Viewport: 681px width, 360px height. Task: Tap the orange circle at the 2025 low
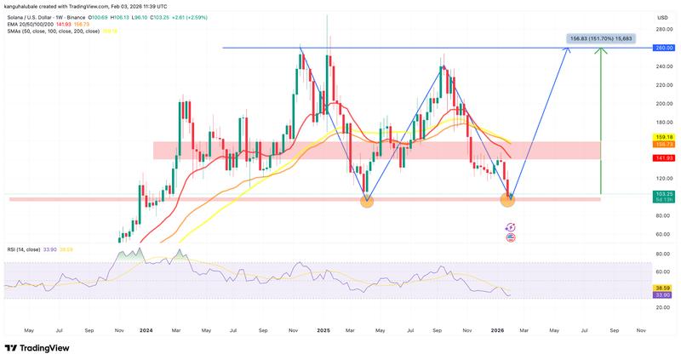pyautogui.click(x=366, y=200)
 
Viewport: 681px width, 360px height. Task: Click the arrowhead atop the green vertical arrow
pyautogui.click(x=601, y=51)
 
